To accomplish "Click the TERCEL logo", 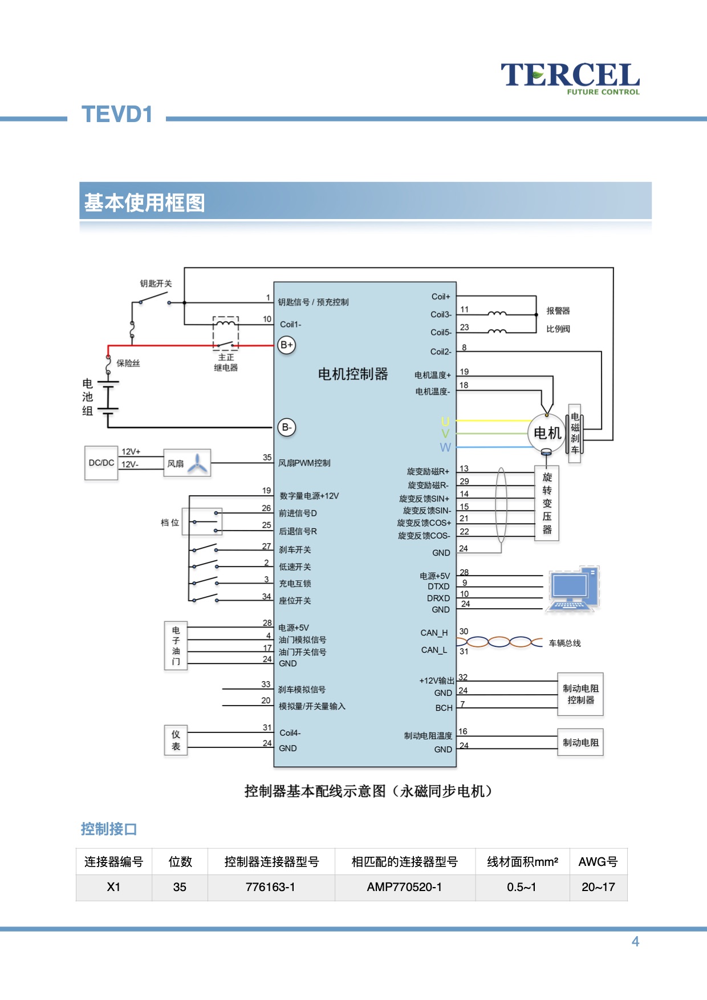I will point(570,78).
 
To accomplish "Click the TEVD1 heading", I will point(117,115).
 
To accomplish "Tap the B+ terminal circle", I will point(286,345).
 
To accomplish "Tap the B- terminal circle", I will point(286,427).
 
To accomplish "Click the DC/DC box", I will point(101,463).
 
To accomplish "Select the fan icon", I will point(197,463).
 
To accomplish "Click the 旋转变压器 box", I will point(547,503).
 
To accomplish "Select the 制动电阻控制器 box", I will point(580,694).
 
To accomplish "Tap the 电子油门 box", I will point(176,646).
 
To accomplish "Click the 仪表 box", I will point(176,740).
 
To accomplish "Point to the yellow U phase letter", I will point(445,422).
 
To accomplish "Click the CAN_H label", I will point(434,633).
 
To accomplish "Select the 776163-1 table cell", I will point(270,887).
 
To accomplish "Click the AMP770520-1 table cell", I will point(404,887).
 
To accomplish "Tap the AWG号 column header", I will point(598,861).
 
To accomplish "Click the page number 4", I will point(635,941).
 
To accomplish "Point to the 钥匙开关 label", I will point(156,284).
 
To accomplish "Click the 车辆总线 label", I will point(564,643).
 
